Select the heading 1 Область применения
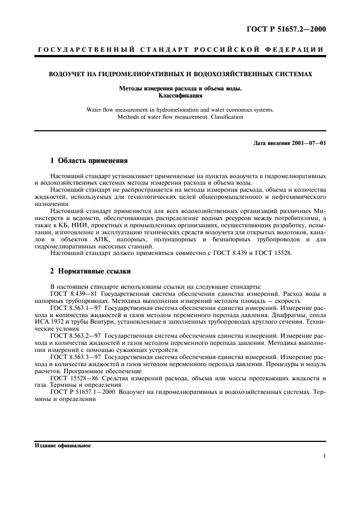[88, 161]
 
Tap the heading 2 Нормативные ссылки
[90, 271]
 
